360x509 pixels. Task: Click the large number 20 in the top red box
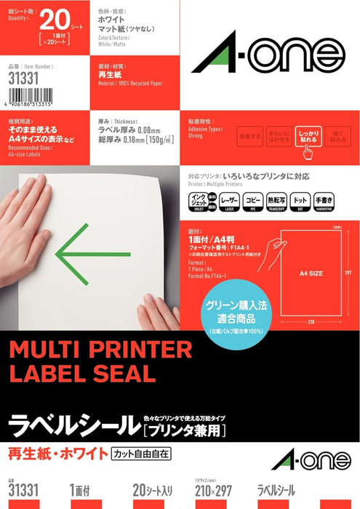(x=61, y=17)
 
